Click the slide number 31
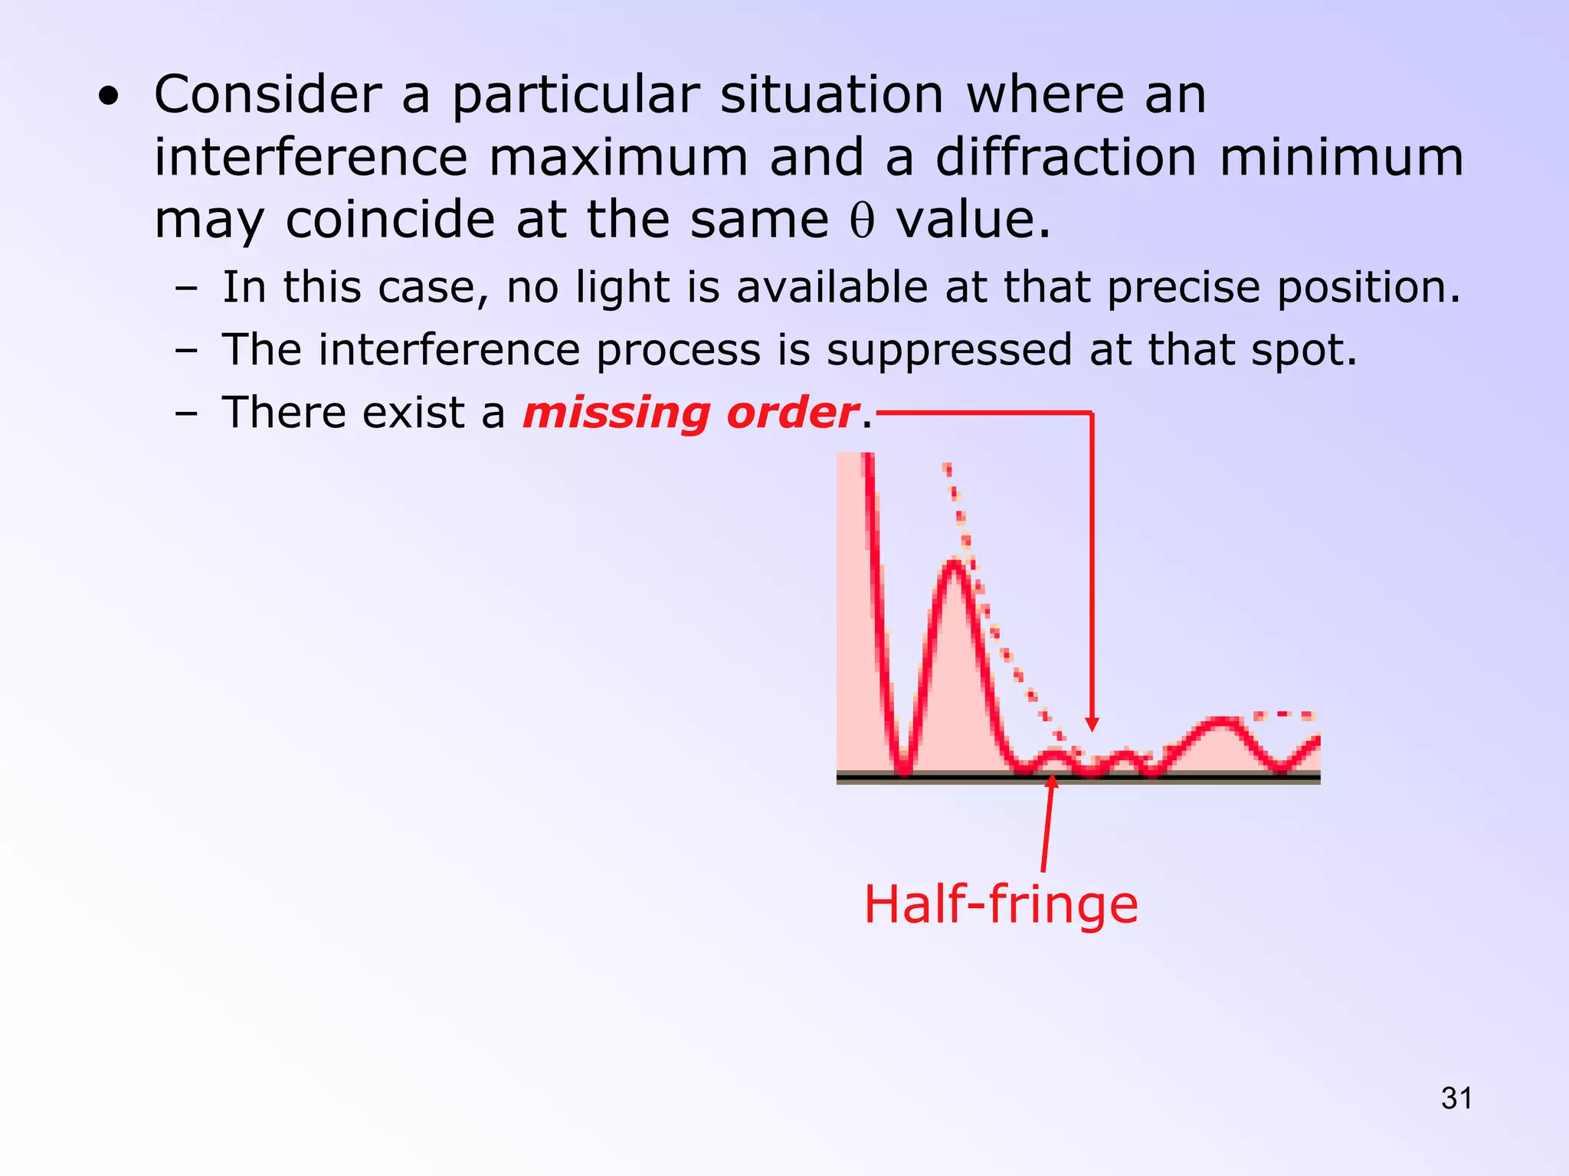[1456, 1099]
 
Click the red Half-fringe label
[1001, 905]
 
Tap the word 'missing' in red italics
[617, 413]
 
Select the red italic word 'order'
[792, 413]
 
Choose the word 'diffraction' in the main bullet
[1066, 158]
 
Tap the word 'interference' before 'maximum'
[311, 158]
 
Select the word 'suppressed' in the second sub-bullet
[948, 350]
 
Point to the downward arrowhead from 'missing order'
[1092, 724]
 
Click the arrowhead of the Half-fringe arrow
[1053, 781]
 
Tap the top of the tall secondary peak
[954, 563]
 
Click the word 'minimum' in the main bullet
[1341, 158]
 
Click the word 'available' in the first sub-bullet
[832, 288]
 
